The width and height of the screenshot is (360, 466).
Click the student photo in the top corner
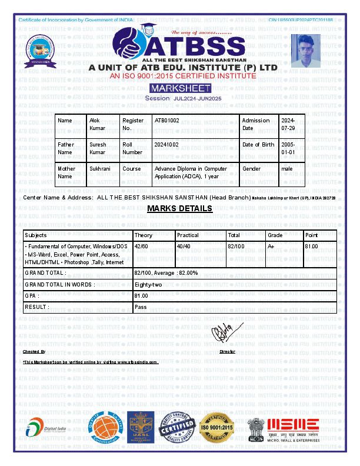306,51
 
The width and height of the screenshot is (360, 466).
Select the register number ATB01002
166,120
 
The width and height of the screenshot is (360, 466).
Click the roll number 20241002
166,144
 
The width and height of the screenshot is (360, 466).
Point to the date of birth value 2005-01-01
288,148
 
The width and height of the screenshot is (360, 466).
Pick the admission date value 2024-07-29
288,124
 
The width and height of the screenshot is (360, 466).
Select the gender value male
287,168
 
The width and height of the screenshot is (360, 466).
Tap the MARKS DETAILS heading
179,209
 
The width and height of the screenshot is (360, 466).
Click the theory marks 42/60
141,246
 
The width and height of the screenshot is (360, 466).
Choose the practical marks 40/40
184,246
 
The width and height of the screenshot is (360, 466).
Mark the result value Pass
141,307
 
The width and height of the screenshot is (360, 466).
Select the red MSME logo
293,426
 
